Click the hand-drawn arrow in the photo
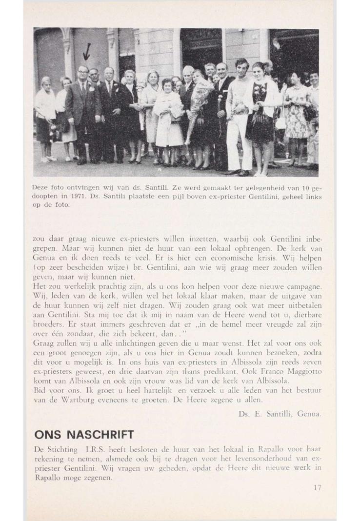coord(87,51)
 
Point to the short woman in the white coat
coord(168,117)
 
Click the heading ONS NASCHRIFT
coord(84,434)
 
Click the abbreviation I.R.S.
coord(96,448)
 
